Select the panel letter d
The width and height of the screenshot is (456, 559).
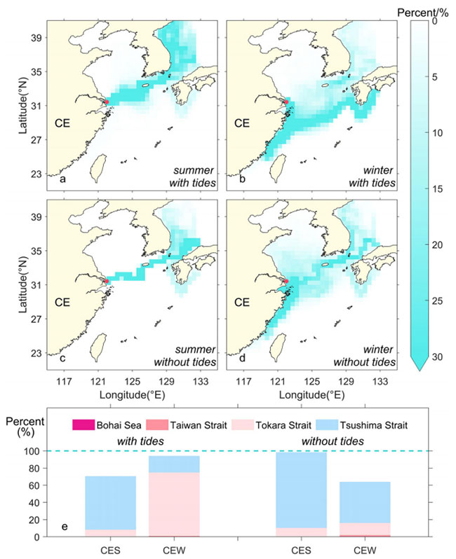pyautogui.click(x=236, y=361)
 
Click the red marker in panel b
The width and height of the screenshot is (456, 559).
pyautogui.click(x=287, y=102)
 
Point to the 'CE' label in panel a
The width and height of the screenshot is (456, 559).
pyautogui.click(x=64, y=125)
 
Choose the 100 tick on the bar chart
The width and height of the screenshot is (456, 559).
pyautogui.click(x=32, y=451)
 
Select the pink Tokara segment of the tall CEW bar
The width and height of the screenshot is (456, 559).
pyautogui.click(x=174, y=504)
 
